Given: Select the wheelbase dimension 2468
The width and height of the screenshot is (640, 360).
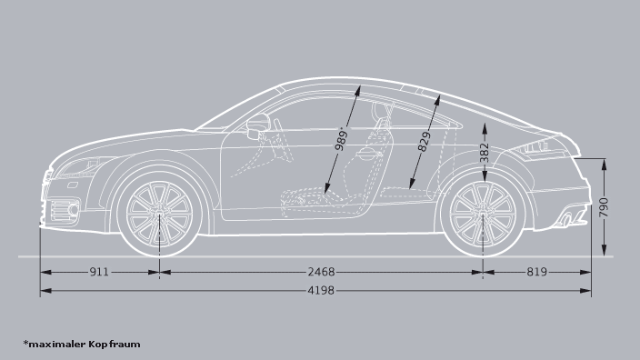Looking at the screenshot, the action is [321, 272].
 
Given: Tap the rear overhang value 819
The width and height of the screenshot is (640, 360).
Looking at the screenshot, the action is [536, 272].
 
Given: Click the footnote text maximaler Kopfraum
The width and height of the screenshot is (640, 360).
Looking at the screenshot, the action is [84, 345].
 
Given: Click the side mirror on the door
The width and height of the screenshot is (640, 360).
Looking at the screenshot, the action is [259, 125].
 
